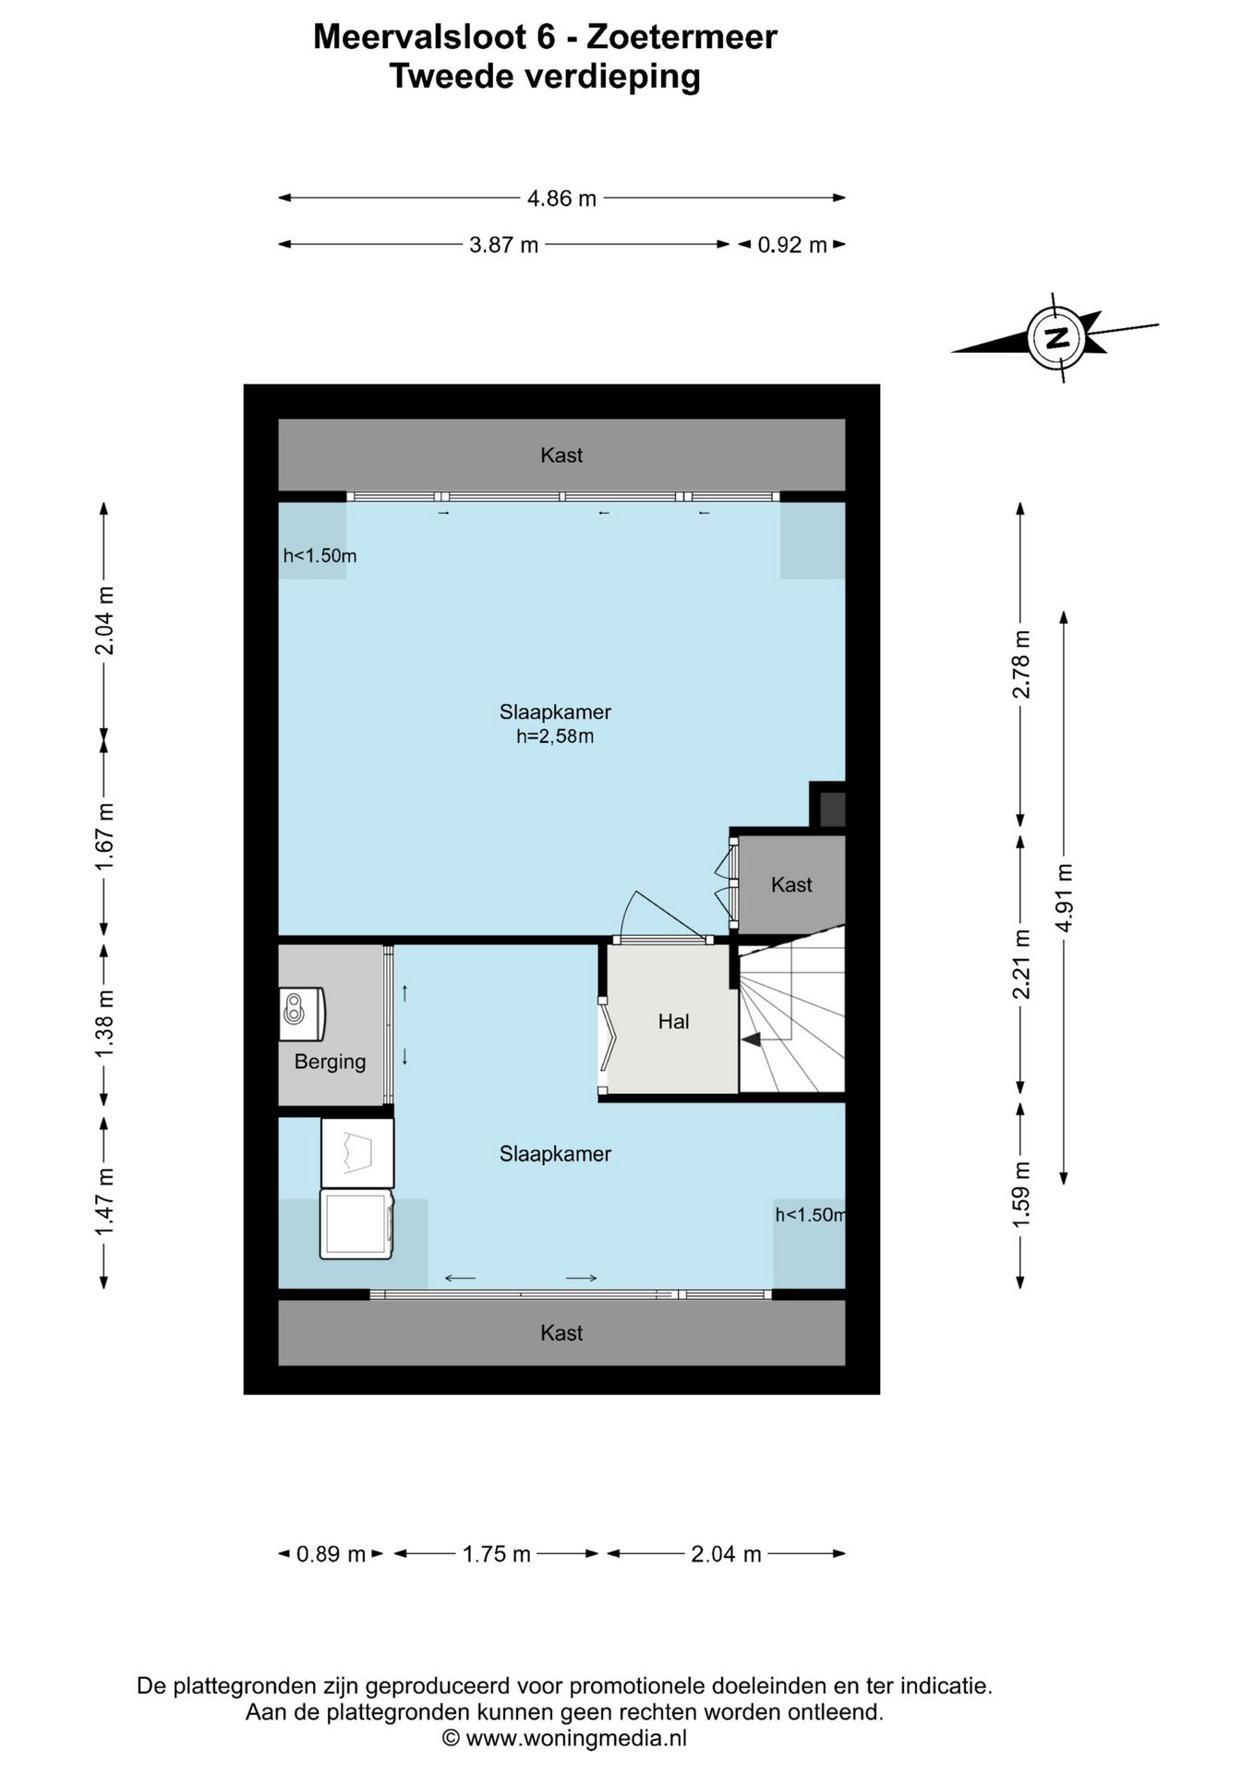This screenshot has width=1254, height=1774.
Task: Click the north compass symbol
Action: (x=1058, y=337)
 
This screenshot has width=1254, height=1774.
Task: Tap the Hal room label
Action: (x=673, y=1021)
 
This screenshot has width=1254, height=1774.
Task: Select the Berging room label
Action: (x=330, y=1062)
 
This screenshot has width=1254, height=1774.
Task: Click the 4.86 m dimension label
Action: (x=561, y=198)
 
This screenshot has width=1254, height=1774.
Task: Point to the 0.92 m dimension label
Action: (x=792, y=245)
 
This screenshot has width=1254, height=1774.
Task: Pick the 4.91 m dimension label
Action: (x=1065, y=898)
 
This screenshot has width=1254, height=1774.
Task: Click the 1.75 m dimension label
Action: (x=497, y=1554)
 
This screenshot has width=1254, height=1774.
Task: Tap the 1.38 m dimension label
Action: (x=104, y=1025)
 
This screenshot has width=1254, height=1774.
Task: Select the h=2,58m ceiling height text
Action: (x=555, y=736)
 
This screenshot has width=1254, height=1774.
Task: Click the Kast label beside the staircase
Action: (x=791, y=884)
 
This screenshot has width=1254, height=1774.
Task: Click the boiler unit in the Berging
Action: (x=302, y=1015)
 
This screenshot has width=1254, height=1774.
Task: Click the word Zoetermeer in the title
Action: (x=682, y=37)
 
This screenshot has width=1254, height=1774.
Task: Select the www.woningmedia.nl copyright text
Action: (x=564, y=1737)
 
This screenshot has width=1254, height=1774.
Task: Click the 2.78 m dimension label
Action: (x=1021, y=664)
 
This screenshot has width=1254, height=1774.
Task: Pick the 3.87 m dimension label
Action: (x=503, y=245)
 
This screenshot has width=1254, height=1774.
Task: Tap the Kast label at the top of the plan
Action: (x=561, y=455)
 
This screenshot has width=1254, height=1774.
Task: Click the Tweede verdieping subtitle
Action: (x=545, y=77)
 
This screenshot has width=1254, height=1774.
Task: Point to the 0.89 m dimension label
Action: (x=331, y=1554)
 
